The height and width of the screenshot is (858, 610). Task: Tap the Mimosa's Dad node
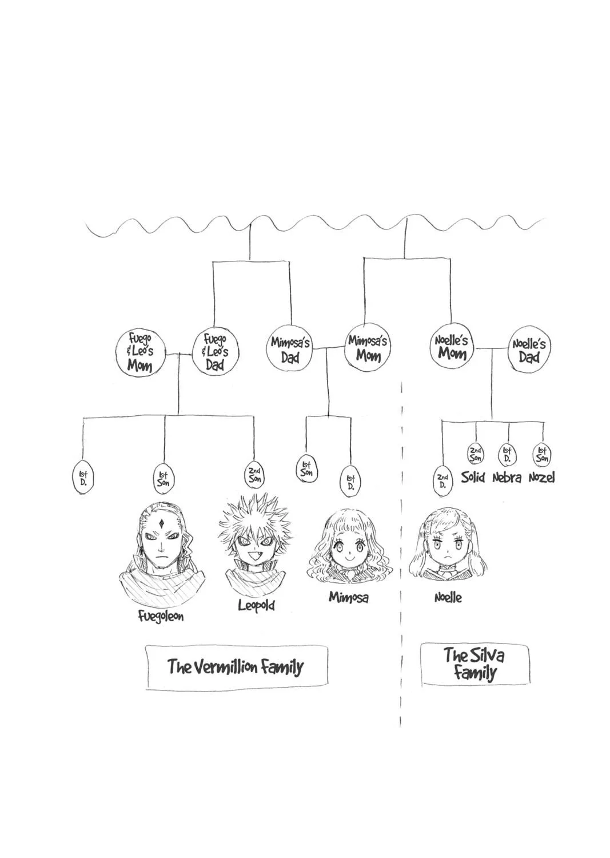(290, 349)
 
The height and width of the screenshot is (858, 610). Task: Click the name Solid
(473, 477)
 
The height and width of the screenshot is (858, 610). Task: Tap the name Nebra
(507, 478)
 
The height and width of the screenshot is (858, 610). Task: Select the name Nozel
(541, 478)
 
